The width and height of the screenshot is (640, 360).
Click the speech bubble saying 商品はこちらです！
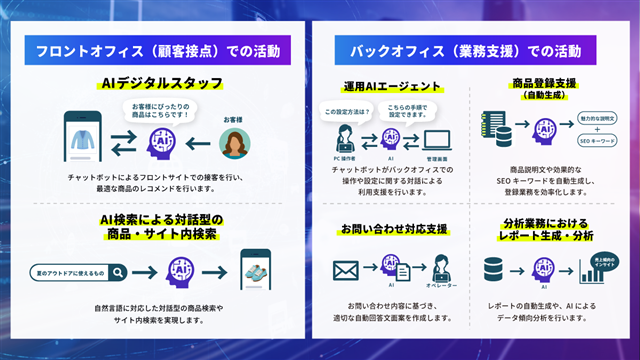(161, 108)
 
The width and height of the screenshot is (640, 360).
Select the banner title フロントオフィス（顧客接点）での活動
(161, 49)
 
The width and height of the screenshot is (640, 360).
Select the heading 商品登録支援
(545, 84)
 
